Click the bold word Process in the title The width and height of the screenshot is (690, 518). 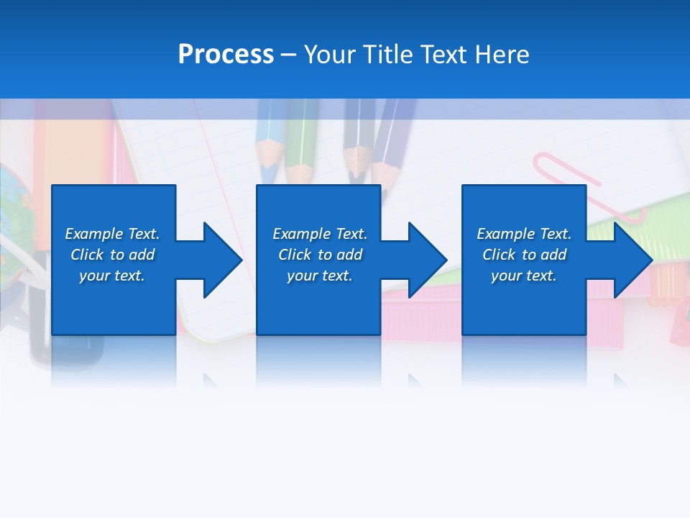point(226,54)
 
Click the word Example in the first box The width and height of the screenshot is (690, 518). point(93,234)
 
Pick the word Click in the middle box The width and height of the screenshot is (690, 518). point(295,255)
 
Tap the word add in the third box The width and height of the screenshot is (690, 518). point(554,255)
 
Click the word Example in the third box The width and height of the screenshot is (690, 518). point(505,234)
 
